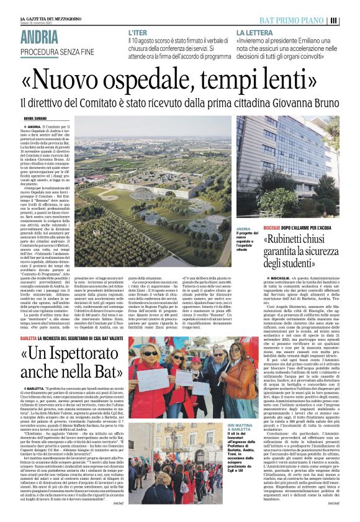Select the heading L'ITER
coord(138,31)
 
